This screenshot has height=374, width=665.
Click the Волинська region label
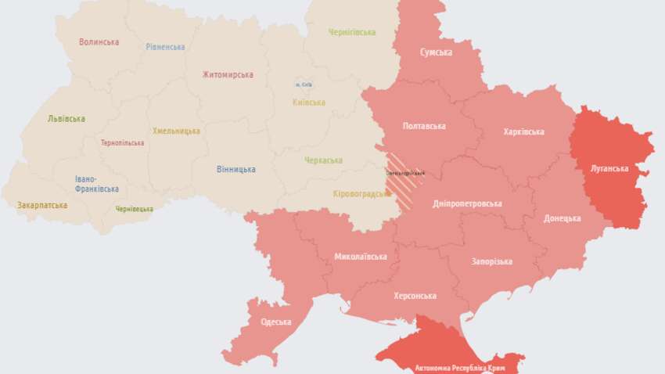tap(99, 42)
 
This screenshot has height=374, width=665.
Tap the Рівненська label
tap(165, 47)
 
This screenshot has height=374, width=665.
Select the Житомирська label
tap(228, 75)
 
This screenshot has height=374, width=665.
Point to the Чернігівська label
tap(352, 33)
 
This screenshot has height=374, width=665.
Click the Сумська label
tap(436, 52)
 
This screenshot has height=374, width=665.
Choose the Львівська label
tap(66, 119)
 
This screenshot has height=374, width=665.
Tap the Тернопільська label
tap(122, 143)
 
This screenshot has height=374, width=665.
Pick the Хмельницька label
tap(176, 131)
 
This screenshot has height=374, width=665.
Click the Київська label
tap(309, 102)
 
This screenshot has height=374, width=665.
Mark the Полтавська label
tap(424, 126)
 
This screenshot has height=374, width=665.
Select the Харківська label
tap(524, 132)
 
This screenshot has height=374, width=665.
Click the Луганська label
tap(609, 168)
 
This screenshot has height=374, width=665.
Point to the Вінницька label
tap(235, 169)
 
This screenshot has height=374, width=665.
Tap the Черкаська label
tap(323, 160)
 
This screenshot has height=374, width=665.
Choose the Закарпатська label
tap(42, 206)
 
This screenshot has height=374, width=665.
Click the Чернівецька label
tap(134, 209)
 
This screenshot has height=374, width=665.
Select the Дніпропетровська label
tap(467, 204)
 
